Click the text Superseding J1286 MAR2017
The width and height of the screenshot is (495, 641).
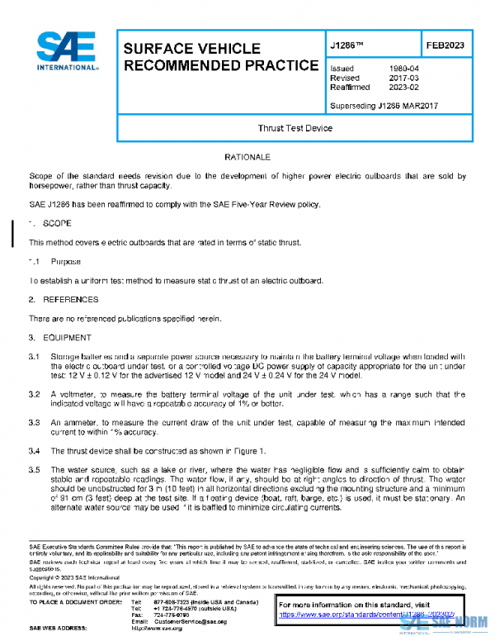coord(383,106)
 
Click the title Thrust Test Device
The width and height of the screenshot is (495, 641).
coord(295,129)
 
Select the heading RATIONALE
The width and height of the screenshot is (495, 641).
coord(247,156)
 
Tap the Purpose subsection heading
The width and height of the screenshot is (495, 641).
coord(65,261)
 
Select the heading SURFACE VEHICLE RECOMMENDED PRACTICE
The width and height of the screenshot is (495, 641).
coord(219,56)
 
